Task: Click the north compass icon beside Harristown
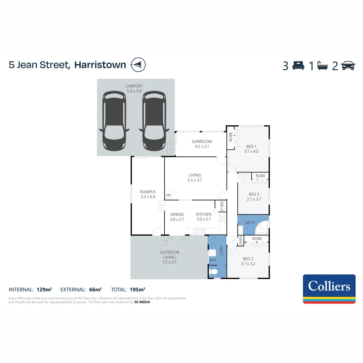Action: [138, 65]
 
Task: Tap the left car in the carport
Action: [114, 121]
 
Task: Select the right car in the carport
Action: [154, 121]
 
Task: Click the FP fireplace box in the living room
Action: [168, 195]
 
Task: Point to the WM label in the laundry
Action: [212, 260]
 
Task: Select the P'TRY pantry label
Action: [222, 206]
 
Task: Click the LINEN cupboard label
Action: [240, 241]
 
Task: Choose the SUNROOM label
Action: [202, 142]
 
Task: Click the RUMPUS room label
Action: [148, 192]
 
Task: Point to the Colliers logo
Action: [329, 289]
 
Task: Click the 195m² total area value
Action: [137, 289]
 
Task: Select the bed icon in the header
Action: [298, 66]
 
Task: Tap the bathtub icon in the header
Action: [323, 66]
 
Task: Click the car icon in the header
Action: [348, 66]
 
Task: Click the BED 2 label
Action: [248, 259]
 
